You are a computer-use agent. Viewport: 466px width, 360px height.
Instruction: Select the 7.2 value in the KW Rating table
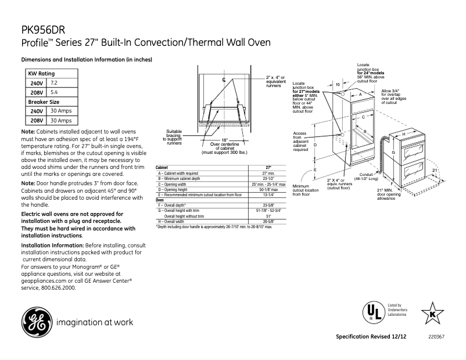point(54,84)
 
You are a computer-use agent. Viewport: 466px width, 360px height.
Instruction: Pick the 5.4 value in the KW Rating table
point(54,92)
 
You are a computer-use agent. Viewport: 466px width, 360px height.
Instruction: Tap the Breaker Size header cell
point(44,102)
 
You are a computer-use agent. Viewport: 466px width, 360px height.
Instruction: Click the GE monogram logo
point(36,322)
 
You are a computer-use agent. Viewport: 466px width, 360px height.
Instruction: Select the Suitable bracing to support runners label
point(174,136)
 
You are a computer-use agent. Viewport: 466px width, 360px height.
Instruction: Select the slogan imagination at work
point(94,322)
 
